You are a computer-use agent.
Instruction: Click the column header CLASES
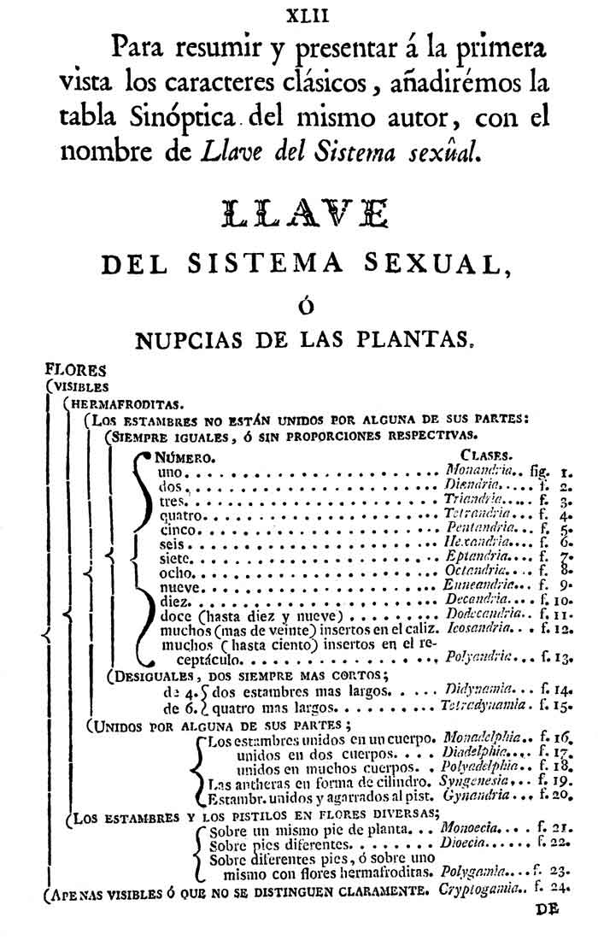(486, 455)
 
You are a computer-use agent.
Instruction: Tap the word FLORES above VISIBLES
(76, 371)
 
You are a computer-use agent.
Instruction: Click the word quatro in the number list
(180, 515)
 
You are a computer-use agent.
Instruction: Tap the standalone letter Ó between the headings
(300, 305)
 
